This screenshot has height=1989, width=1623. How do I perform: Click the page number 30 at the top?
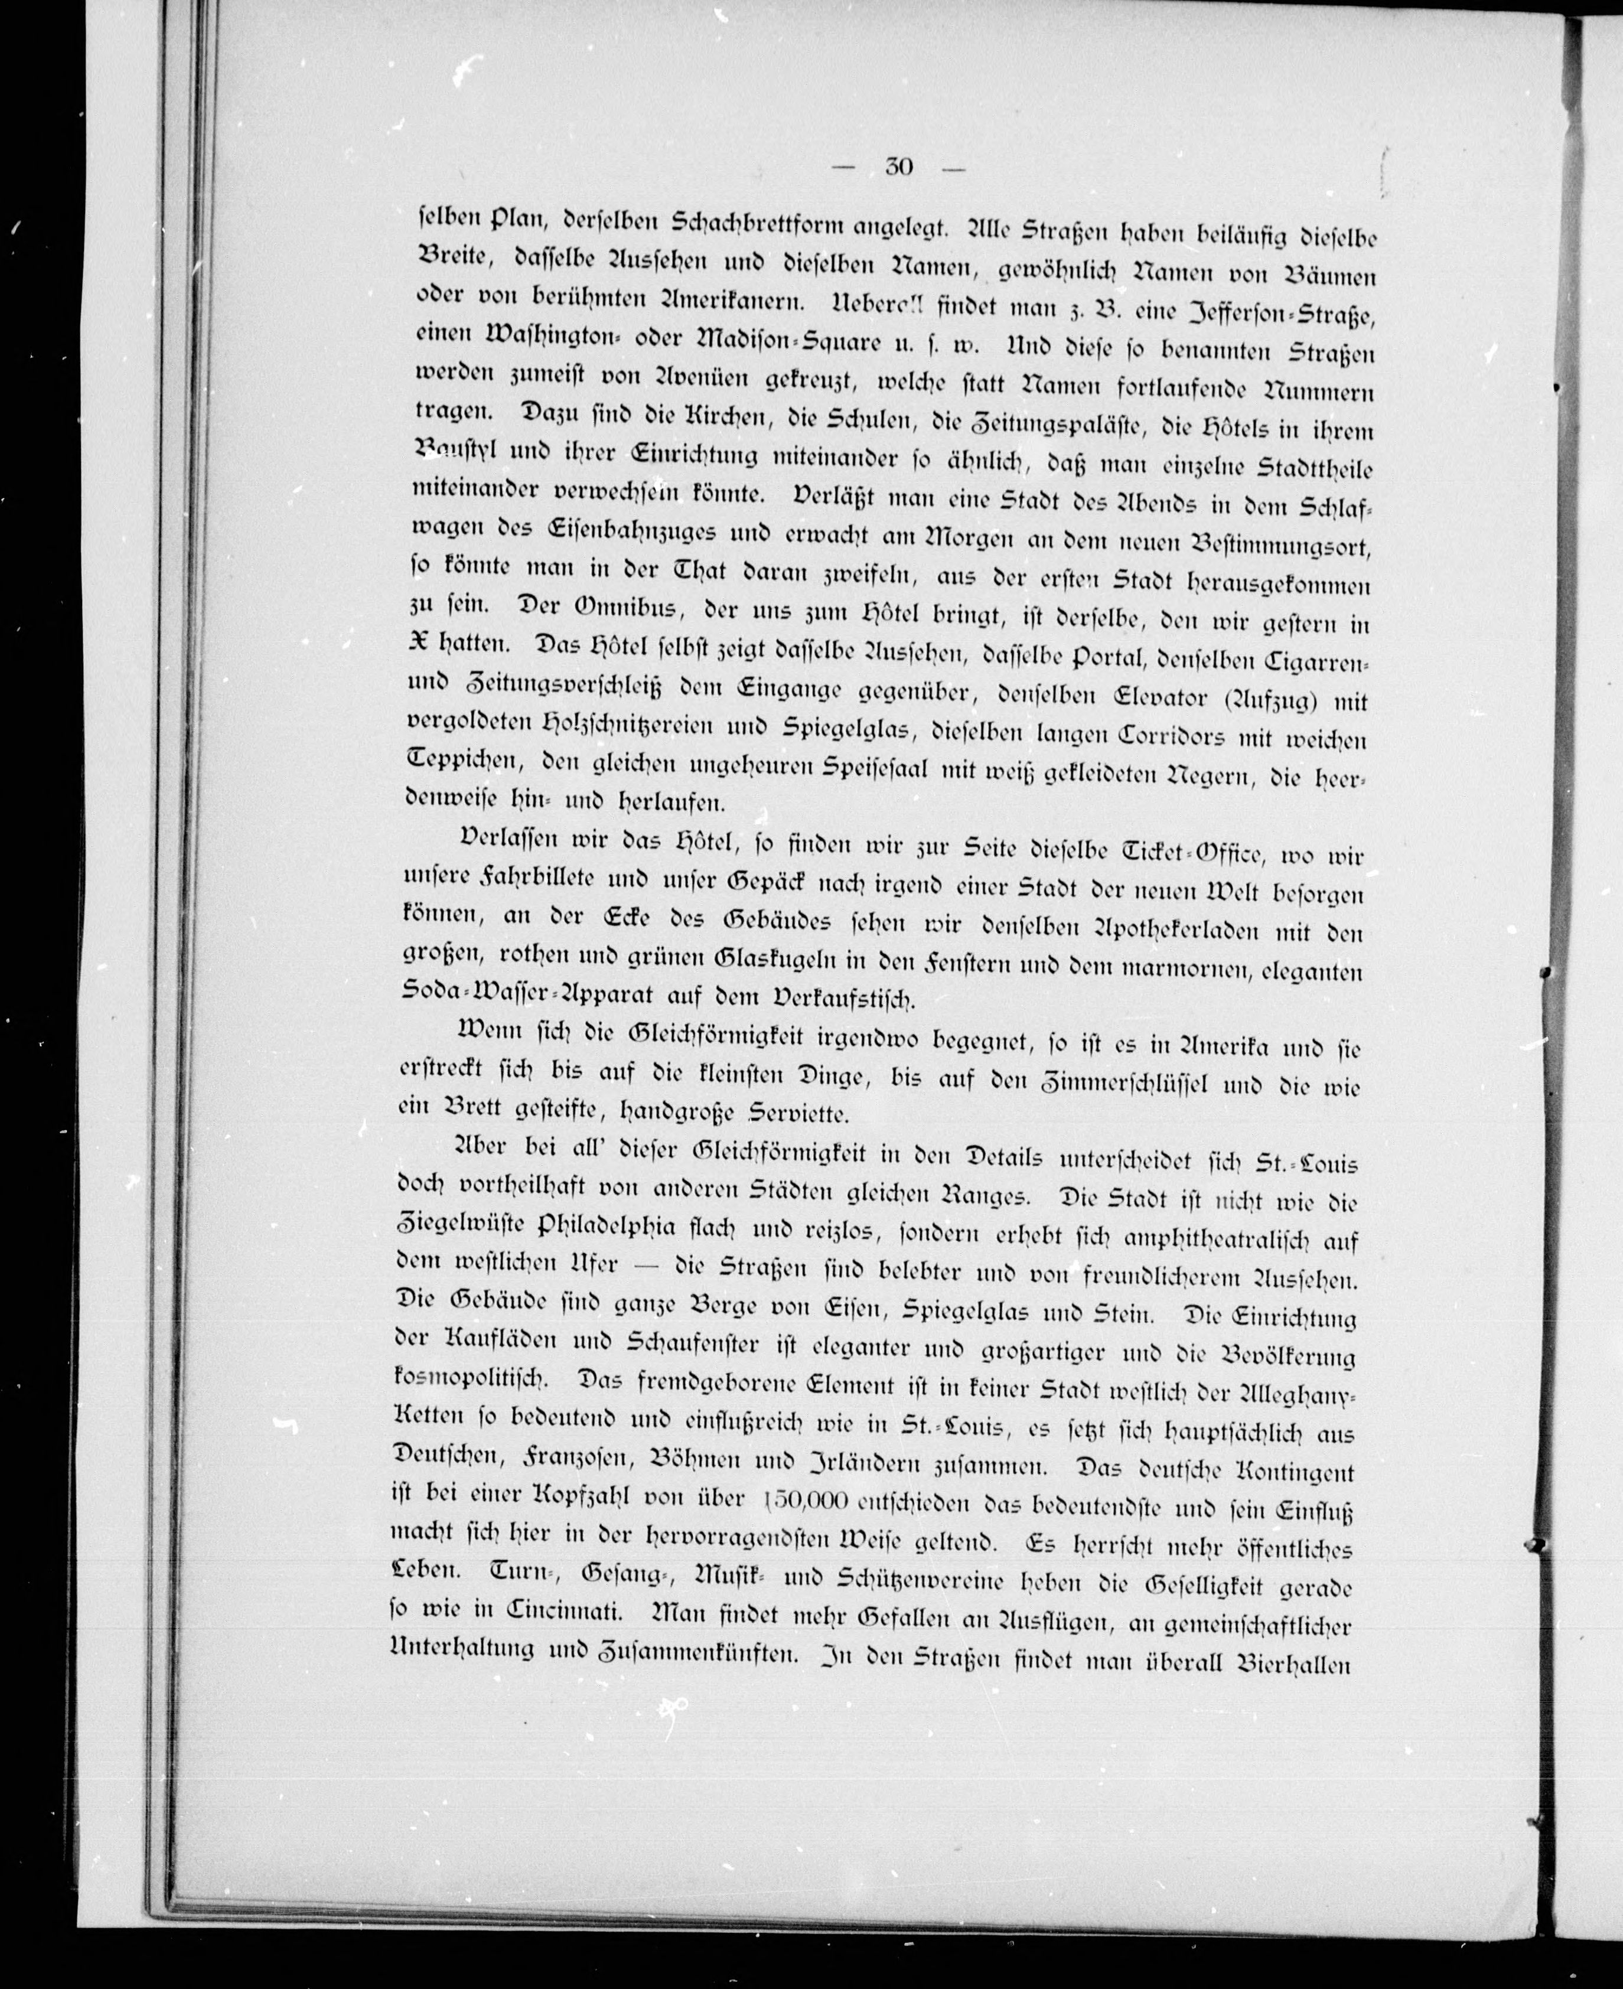click(898, 167)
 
